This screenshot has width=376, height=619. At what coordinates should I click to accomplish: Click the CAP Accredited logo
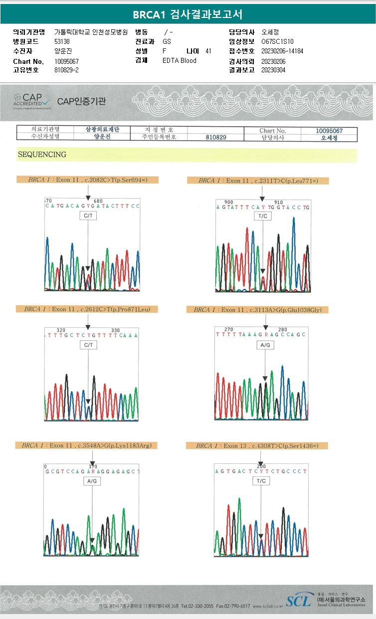[x=32, y=101]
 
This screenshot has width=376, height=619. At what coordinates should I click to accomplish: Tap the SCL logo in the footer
[x=298, y=601]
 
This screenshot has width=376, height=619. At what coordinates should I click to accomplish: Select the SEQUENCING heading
[x=42, y=155]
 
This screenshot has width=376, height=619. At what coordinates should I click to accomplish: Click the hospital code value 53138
[x=62, y=41]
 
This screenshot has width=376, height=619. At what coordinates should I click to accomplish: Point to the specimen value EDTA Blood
[x=180, y=60]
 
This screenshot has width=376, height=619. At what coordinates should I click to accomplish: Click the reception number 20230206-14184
[x=282, y=51]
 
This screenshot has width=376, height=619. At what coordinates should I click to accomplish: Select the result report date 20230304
[x=273, y=70]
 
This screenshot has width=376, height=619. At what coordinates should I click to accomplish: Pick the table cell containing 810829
[x=216, y=137]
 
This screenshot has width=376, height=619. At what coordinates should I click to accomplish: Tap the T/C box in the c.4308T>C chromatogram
[x=261, y=481]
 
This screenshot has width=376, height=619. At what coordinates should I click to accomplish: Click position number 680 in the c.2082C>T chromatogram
[x=98, y=201]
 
